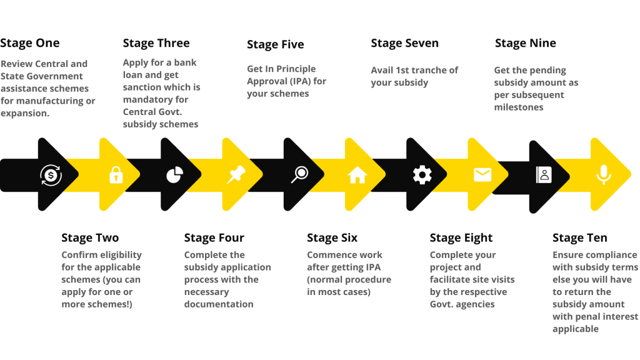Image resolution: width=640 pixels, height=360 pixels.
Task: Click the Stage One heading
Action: click(x=30, y=43)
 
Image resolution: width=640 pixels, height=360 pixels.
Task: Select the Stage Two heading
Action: click(x=90, y=238)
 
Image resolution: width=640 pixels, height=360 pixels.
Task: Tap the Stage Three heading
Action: click(x=156, y=43)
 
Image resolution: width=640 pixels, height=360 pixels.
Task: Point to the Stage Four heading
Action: click(x=214, y=238)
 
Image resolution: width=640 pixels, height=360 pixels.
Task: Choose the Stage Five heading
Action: click(x=276, y=44)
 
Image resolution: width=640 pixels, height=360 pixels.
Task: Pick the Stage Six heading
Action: click(x=332, y=238)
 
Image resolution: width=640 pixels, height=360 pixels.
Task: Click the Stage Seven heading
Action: click(x=404, y=43)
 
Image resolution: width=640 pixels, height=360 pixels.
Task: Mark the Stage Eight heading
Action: click(x=461, y=238)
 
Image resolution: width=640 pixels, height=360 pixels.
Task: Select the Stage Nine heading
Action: click(x=525, y=43)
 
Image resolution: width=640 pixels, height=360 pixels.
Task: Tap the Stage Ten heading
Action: click(x=580, y=238)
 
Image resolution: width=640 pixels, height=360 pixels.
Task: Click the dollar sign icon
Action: click(x=50, y=175)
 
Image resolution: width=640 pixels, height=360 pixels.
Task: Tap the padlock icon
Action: click(x=116, y=175)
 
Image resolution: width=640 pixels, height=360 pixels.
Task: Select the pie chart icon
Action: click(x=174, y=175)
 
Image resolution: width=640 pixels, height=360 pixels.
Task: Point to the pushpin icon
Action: click(x=236, y=175)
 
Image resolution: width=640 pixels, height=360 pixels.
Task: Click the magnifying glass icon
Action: click(x=299, y=175)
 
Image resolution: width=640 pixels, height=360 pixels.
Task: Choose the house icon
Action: click(x=357, y=175)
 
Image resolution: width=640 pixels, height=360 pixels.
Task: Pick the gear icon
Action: click(x=422, y=175)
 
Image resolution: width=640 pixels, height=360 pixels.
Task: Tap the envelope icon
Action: click(x=482, y=175)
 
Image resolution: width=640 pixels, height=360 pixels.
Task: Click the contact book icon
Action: click(x=544, y=175)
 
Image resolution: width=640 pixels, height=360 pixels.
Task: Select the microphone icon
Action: click(x=603, y=175)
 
